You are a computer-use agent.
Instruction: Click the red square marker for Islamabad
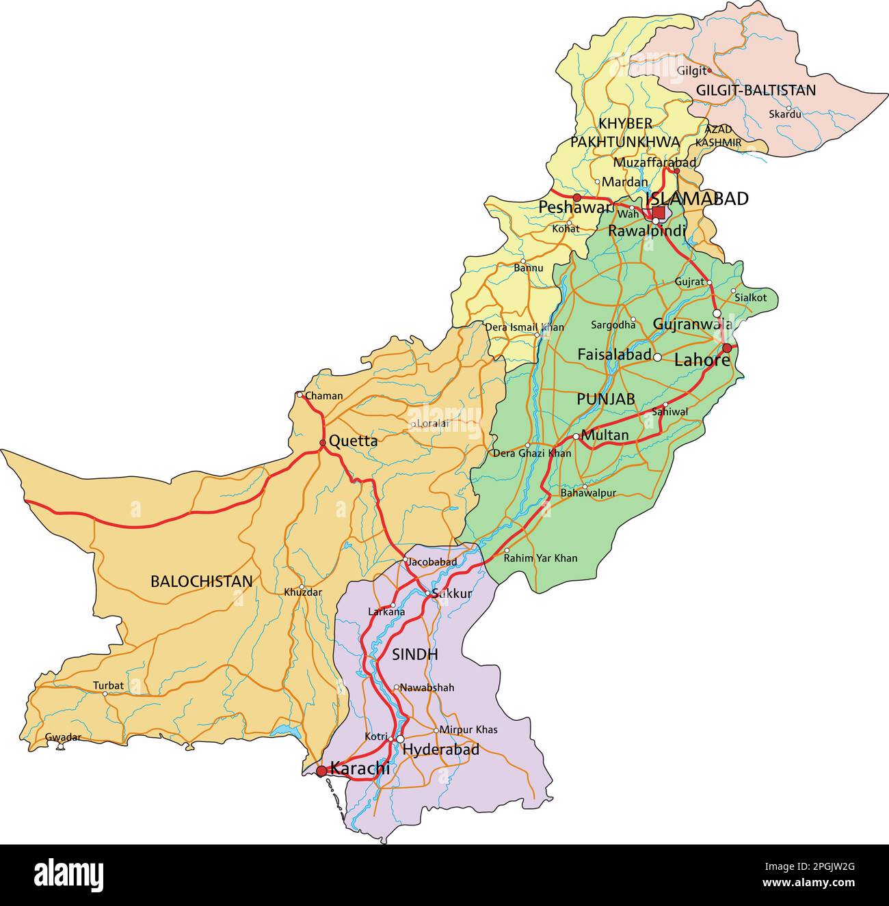(658, 212)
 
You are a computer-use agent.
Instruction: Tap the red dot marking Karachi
(321, 771)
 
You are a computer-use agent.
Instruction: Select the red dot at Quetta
(323, 443)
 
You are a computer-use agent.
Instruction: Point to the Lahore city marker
(727, 348)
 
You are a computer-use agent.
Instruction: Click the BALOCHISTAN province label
(201, 581)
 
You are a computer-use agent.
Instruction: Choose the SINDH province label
(414, 655)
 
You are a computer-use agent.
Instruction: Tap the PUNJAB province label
(605, 399)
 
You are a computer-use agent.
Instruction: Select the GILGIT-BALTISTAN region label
(756, 90)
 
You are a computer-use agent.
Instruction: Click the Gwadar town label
(63, 737)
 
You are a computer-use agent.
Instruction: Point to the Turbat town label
(109, 685)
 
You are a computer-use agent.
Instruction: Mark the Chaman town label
(323, 396)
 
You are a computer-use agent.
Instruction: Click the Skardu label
(785, 115)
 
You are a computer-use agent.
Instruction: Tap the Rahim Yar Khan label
(540, 558)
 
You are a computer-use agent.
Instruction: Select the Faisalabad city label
(614, 355)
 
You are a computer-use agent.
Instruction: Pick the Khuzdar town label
(302, 592)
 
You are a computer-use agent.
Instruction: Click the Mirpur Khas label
(468, 730)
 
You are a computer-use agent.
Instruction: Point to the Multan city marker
(576, 436)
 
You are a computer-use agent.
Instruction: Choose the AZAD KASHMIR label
(718, 135)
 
